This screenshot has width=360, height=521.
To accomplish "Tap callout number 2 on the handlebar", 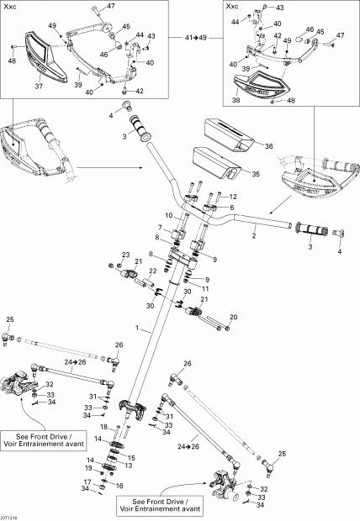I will pos(253,236).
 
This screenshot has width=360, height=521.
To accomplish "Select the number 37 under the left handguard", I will pos(37,85).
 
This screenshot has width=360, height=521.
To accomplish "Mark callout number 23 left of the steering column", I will pos(126,255).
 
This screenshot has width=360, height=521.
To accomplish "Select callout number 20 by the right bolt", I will pos(234,317).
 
